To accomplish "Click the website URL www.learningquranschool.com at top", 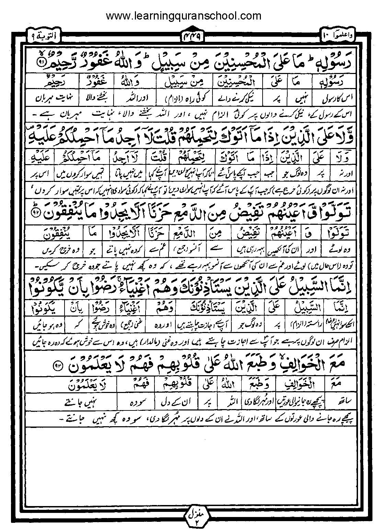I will pos(184,15).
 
